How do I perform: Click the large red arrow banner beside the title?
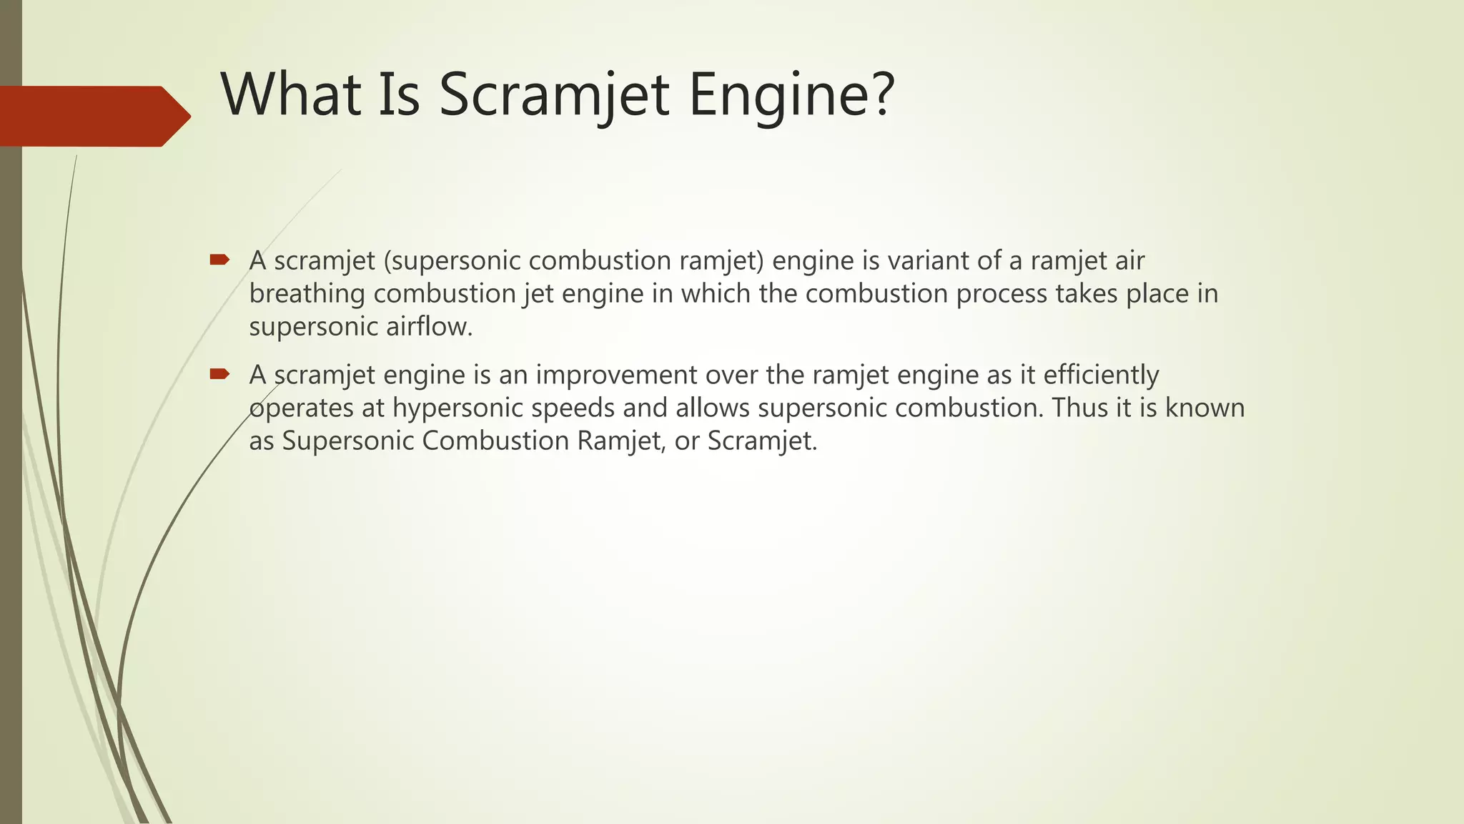point(93,116)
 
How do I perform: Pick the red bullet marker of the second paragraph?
point(219,373)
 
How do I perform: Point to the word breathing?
point(307,294)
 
